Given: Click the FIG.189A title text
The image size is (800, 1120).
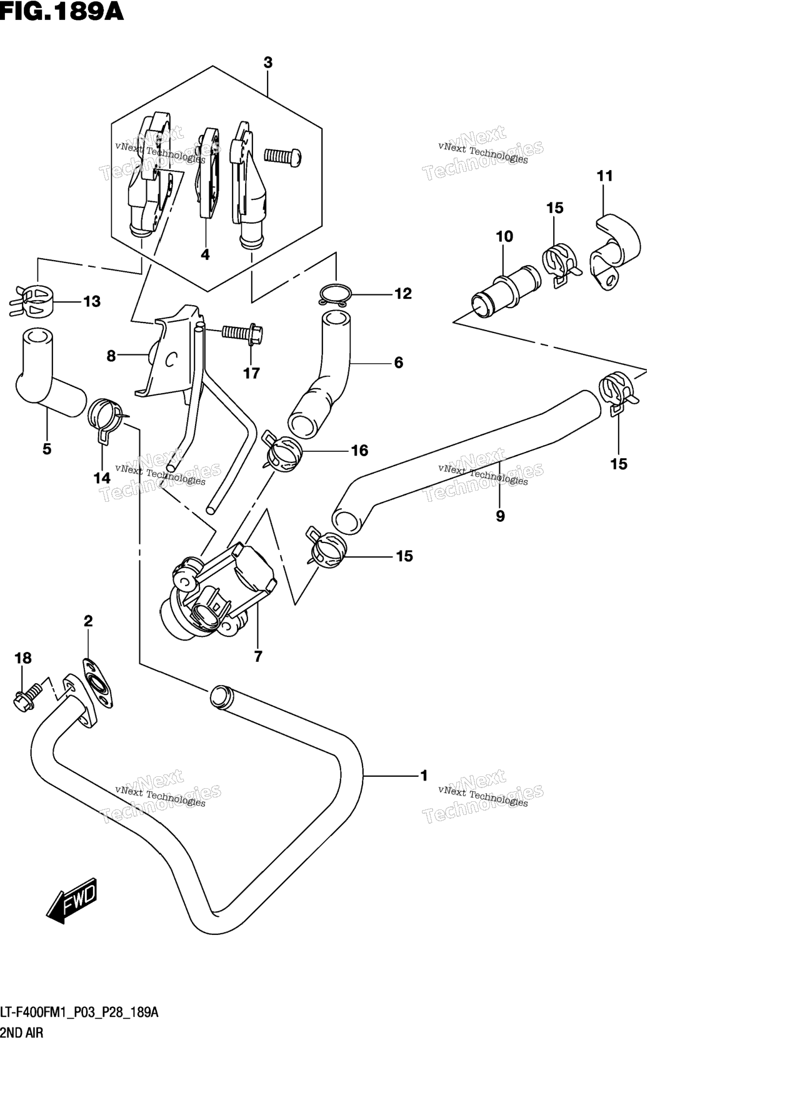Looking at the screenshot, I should [62, 12].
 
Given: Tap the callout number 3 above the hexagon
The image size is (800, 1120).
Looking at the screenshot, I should [268, 62].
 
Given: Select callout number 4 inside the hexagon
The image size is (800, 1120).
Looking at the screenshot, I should [205, 254].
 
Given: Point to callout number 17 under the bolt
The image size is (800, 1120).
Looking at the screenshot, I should [251, 373].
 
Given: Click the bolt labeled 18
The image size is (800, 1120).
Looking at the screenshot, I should [27, 696].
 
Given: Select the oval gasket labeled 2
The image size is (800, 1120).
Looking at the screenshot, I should [98, 684].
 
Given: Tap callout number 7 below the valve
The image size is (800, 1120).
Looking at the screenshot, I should [257, 656].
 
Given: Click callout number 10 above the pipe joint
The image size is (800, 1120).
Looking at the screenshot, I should [504, 236].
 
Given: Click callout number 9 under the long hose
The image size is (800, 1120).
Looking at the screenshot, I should [500, 516].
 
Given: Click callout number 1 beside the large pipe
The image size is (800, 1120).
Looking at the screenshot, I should [424, 776].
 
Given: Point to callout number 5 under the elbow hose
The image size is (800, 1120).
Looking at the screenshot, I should [47, 449].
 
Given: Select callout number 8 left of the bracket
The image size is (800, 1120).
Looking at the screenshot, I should [111, 356].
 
